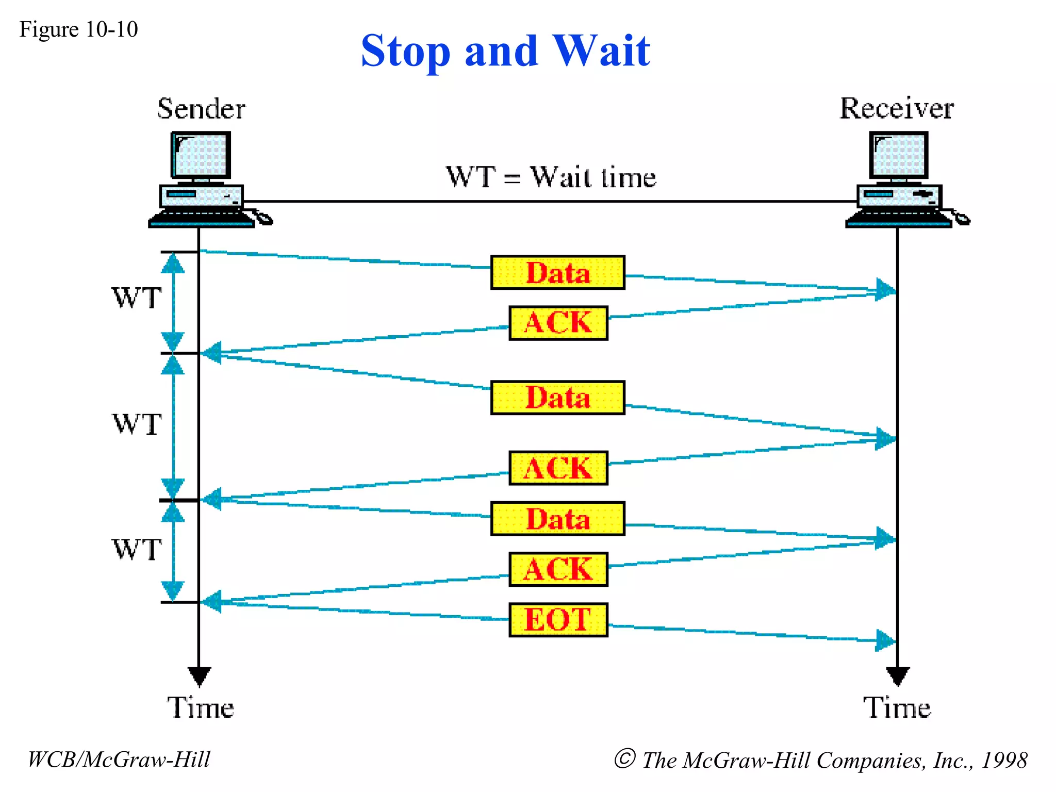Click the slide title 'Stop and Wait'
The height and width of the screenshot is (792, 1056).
point(505,51)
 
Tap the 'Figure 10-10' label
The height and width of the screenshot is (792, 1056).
point(78,29)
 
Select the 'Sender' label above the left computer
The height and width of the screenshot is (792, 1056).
point(201,109)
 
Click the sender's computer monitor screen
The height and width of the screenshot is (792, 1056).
point(201,155)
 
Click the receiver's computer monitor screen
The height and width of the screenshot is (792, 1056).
point(899,155)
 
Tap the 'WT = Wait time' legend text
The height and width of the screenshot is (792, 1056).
point(551,177)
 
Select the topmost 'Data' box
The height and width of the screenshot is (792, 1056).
point(557,272)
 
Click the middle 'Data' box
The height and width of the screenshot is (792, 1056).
point(557,398)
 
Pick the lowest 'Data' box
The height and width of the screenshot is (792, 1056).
point(557,519)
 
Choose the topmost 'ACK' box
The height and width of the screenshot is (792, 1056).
point(558,323)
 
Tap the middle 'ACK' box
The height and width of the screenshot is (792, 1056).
point(558,468)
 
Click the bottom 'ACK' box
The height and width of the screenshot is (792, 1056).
point(558,569)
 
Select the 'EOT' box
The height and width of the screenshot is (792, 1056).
point(558,620)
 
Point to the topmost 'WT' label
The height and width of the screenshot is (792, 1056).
point(137,298)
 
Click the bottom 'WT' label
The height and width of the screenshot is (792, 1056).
point(137,550)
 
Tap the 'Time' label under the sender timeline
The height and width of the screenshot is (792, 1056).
point(201,707)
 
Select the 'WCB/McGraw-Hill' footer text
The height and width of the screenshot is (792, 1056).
point(119,760)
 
